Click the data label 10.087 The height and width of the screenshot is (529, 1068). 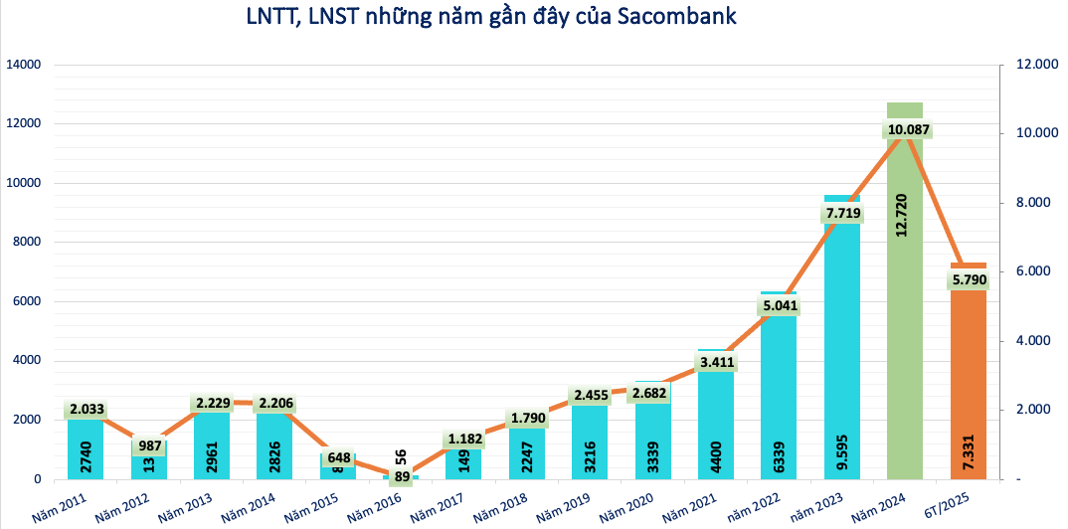click(908, 130)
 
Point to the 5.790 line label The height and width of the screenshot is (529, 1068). click(968, 281)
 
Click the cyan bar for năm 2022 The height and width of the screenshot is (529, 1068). click(779, 398)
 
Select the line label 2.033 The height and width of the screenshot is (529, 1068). click(85, 409)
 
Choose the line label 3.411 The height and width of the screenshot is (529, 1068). click(716, 362)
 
